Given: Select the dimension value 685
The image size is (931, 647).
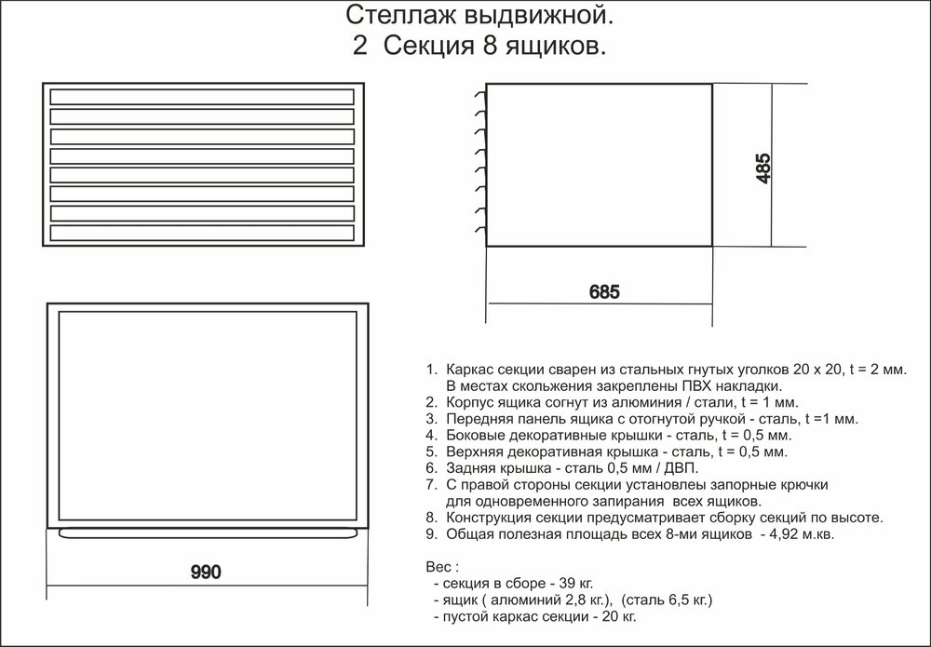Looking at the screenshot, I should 603,290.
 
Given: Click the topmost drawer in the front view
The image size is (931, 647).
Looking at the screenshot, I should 202,96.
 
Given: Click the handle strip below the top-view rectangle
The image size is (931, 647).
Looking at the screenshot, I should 208,532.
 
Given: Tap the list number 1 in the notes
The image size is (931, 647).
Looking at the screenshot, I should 428,370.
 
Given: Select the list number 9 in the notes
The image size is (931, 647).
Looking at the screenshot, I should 428,534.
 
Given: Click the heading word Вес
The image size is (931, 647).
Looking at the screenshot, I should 438,567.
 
